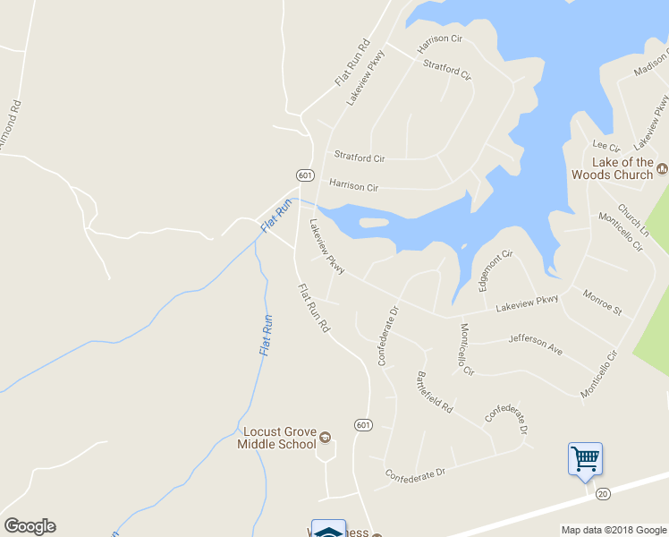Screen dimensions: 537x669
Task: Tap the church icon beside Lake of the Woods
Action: point(663,167)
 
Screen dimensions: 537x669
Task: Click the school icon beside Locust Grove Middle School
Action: point(324,438)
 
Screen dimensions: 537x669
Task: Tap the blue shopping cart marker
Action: point(585,459)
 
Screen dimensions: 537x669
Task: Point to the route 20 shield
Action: point(603,493)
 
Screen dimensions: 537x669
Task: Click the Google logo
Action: point(30,526)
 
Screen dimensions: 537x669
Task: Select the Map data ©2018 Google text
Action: point(613,530)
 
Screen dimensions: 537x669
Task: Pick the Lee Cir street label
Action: point(605,146)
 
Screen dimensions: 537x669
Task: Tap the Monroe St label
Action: point(602,302)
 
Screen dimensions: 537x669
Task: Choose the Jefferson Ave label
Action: point(535,344)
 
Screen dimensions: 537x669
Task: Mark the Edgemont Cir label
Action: point(494,270)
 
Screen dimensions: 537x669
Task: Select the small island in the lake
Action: point(373,222)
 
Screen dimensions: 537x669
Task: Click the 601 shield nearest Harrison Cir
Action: point(305,174)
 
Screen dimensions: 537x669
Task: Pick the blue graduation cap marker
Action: point(328,529)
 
